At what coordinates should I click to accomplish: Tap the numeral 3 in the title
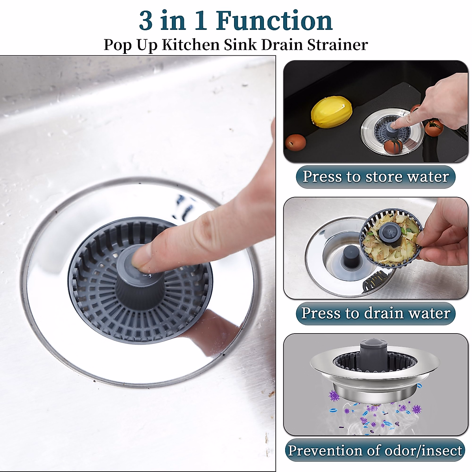tap(146, 21)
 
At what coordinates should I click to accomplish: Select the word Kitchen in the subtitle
tap(190, 44)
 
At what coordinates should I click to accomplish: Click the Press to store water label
tap(376, 177)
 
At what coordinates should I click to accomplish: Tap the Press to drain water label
tap(376, 313)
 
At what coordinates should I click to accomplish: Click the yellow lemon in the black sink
tap(331, 112)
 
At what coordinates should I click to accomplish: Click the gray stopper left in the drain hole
tap(349, 257)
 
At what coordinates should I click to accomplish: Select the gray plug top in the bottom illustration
tap(372, 346)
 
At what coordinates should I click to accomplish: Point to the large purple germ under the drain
tap(334, 395)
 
